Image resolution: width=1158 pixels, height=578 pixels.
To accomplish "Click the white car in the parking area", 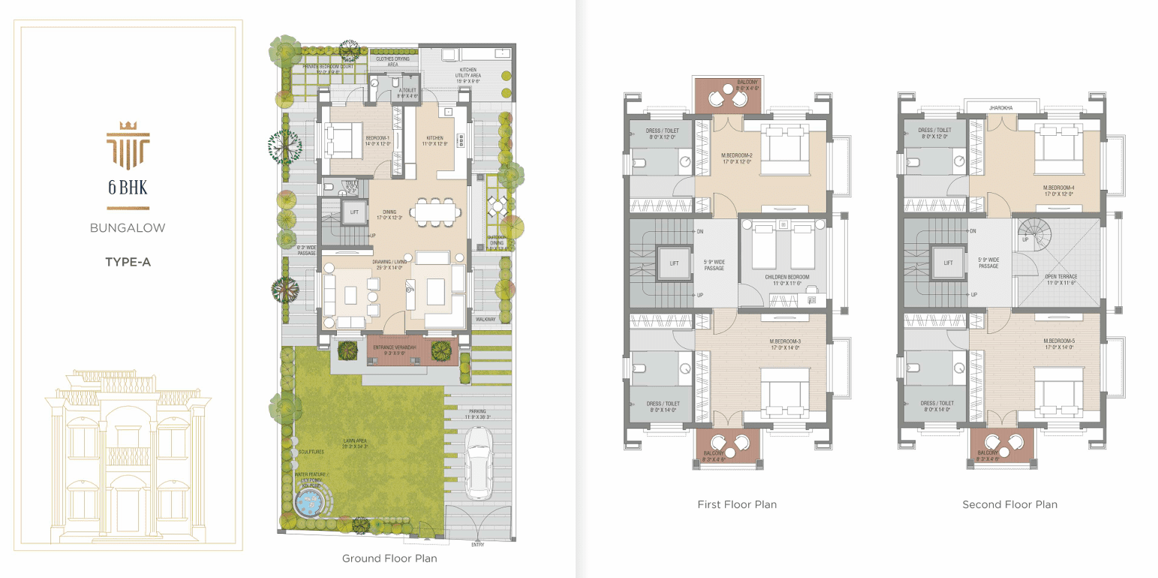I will pos(477,462).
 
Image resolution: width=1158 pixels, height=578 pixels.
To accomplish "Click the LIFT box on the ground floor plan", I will pos(354,212).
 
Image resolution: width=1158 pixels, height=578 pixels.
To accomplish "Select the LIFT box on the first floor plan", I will pos(674,263).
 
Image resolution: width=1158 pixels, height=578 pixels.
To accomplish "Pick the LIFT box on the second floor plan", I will pos(949,263).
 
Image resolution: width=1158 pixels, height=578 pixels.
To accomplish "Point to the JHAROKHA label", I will pos(1000,108).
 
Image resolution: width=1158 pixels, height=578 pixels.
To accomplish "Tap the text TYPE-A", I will pos(127,262).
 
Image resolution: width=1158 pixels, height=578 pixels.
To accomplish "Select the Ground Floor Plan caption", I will pos(390,558).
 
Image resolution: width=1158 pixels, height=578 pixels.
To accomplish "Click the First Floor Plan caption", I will pos(737,504).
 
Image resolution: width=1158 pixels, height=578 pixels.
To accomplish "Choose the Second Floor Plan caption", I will pos(1009,504).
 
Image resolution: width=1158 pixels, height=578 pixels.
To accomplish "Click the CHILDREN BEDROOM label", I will pos(787,277).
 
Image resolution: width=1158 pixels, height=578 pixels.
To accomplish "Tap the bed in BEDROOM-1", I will pos(343,140).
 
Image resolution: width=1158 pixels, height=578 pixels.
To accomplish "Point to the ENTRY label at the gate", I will pos(477,544).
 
